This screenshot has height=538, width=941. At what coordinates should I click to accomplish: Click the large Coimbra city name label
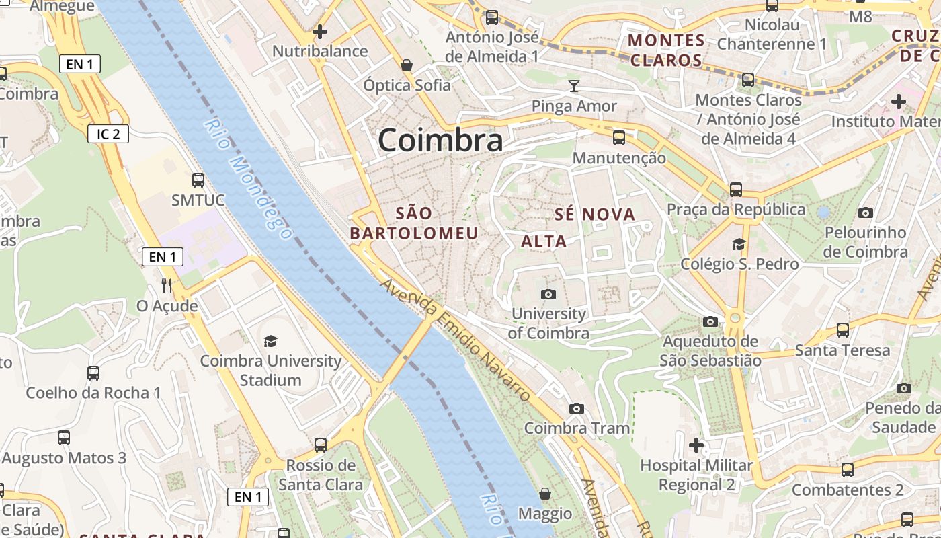pyautogui.click(x=440, y=141)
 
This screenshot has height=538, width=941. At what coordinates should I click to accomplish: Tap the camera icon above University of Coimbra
pyautogui.click(x=548, y=294)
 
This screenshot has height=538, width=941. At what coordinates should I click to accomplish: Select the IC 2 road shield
pyautogui.click(x=108, y=134)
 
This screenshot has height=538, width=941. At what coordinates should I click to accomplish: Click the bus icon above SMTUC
pyautogui.click(x=198, y=180)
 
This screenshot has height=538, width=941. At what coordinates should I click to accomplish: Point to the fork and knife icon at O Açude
pyautogui.click(x=167, y=285)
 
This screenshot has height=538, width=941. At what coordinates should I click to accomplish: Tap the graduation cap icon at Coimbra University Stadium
pyautogui.click(x=270, y=341)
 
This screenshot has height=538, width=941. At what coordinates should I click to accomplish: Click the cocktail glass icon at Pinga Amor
pyautogui.click(x=573, y=85)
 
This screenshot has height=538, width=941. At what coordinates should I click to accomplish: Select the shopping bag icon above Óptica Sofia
pyautogui.click(x=407, y=65)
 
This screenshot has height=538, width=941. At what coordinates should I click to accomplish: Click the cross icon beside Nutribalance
pyautogui.click(x=320, y=31)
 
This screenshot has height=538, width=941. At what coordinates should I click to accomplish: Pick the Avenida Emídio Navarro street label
pyautogui.click(x=455, y=340)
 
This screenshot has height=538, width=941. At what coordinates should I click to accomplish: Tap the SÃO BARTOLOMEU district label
pyautogui.click(x=414, y=223)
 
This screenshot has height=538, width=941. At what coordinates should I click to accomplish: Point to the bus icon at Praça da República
pyautogui.click(x=736, y=189)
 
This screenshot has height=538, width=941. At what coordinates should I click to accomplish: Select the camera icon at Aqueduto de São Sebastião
pyautogui.click(x=710, y=321)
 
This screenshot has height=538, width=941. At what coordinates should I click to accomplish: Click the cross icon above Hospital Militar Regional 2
pyautogui.click(x=696, y=445)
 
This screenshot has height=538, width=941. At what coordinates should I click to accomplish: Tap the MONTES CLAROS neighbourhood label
pyautogui.click(x=666, y=50)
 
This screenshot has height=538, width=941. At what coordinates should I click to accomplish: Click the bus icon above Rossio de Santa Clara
pyautogui.click(x=321, y=445)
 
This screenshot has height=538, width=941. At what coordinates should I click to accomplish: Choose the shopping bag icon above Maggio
pyautogui.click(x=545, y=494)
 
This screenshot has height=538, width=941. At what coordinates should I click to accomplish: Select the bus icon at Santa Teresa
pyautogui.click(x=842, y=330)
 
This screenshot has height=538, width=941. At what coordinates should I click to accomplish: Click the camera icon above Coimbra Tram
pyautogui.click(x=576, y=408)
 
